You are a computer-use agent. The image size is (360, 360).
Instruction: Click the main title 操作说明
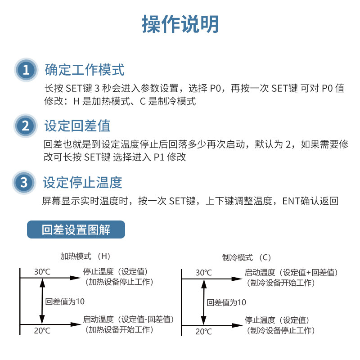(x=180, y=23)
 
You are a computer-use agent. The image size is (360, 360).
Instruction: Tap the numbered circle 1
(x=26, y=70)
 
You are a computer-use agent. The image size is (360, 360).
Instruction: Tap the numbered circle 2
(x=26, y=126)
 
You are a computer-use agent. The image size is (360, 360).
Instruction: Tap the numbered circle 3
(x=25, y=183)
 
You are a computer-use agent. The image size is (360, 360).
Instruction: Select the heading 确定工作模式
(x=85, y=70)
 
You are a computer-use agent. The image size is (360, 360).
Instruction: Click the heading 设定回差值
(x=77, y=126)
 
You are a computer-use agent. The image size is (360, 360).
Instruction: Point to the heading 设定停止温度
(x=83, y=183)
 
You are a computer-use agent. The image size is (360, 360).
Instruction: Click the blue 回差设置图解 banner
(x=76, y=229)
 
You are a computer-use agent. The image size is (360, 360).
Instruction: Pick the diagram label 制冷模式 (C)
(x=247, y=258)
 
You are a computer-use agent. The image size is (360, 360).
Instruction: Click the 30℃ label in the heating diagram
(x=42, y=272)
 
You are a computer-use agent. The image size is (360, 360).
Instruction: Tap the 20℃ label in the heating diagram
(x=42, y=331)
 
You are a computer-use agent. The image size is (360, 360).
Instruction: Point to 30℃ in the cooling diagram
(x=203, y=273)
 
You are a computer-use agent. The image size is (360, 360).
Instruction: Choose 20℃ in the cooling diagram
(x=203, y=332)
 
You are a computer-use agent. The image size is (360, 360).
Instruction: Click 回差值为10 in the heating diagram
(x=65, y=301)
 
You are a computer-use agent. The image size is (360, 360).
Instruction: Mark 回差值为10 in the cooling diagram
(x=226, y=302)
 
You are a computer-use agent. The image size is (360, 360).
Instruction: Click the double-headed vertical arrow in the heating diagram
(x=42, y=301)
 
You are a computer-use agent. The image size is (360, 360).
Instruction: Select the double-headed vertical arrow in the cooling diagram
(x=203, y=302)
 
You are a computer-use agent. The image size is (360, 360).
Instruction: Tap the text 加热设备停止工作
(x=119, y=282)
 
